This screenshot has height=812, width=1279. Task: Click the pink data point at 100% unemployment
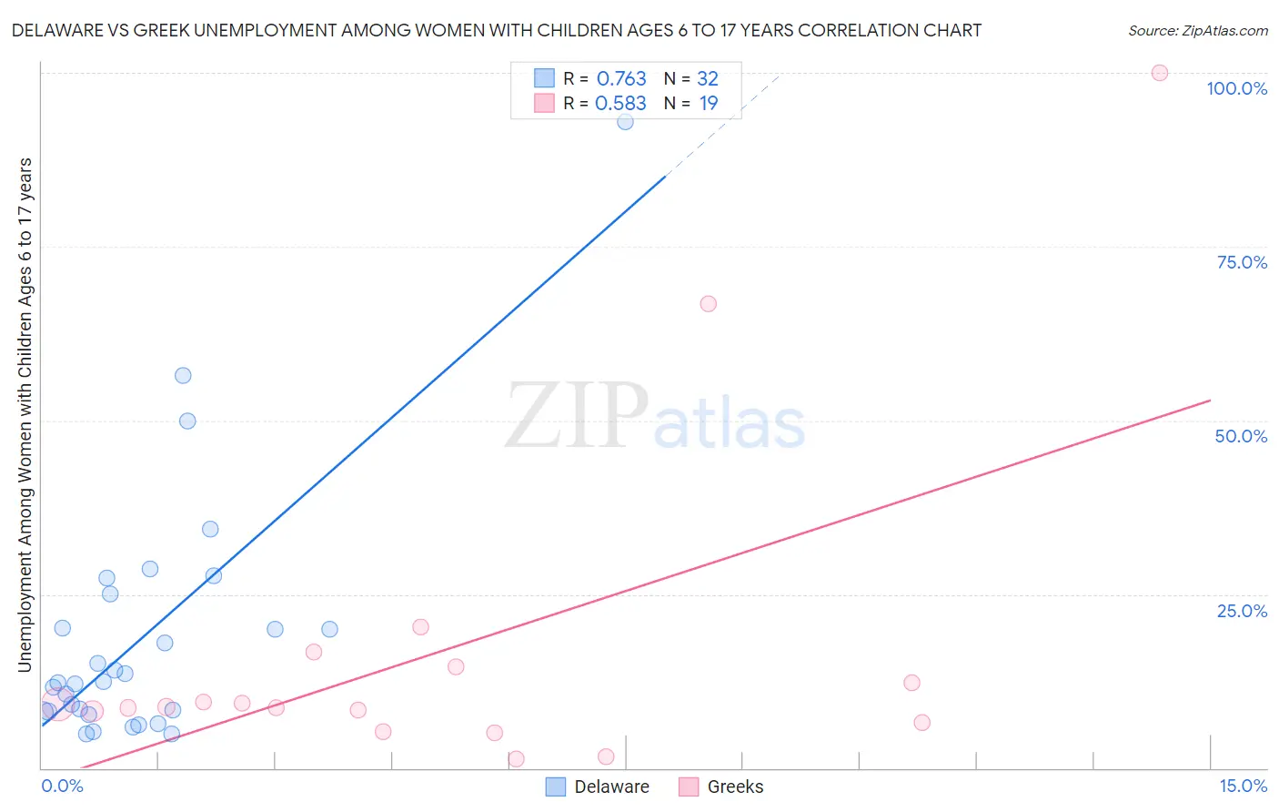(1159, 73)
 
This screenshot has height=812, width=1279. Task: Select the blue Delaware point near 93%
(625, 121)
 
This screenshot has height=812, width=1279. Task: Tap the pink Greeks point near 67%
(708, 304)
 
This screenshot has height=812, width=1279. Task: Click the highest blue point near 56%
(183, 375)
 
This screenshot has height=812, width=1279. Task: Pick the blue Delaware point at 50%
(187, 421)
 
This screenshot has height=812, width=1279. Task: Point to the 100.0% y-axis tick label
(1236, 88)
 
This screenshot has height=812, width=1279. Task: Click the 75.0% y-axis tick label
(1242, 262)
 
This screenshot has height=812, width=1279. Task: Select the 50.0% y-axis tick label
(1241, 436)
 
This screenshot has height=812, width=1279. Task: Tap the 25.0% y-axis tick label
(1242, 611)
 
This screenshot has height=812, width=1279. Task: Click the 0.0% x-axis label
(62, 786)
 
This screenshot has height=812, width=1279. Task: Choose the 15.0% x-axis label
(1243, 786)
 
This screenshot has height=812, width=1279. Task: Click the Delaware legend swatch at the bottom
(556, 787)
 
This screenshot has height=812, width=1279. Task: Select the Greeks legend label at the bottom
(735, 787)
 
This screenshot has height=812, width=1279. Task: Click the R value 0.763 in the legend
(621, 79)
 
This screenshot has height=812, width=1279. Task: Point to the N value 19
(709, 103)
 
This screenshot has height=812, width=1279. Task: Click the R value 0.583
(620, 103)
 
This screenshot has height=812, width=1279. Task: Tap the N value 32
(708, 79)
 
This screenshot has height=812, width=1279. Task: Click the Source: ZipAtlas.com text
(1197, 30)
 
